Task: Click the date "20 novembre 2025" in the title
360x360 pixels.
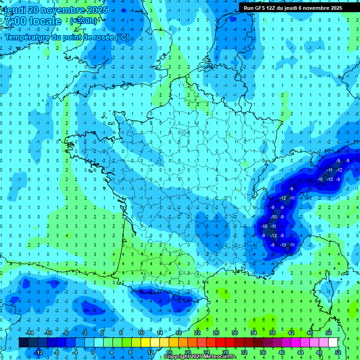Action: [x=66, y=10]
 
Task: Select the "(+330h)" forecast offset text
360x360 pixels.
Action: [x=84, y=21]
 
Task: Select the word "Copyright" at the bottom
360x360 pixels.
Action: [x=177, y=357]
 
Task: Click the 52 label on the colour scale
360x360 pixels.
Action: [x=338, y=352]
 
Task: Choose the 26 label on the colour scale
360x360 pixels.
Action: [x=216, y=332]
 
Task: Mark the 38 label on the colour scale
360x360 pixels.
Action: [x=272, y=332]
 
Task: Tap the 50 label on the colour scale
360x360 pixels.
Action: [x=329, y=332]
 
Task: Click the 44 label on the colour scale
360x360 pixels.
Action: [x=300, y=352]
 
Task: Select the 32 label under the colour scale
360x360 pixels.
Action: [x=244, y=352]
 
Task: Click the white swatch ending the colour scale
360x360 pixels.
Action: [x=333, y=342]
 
